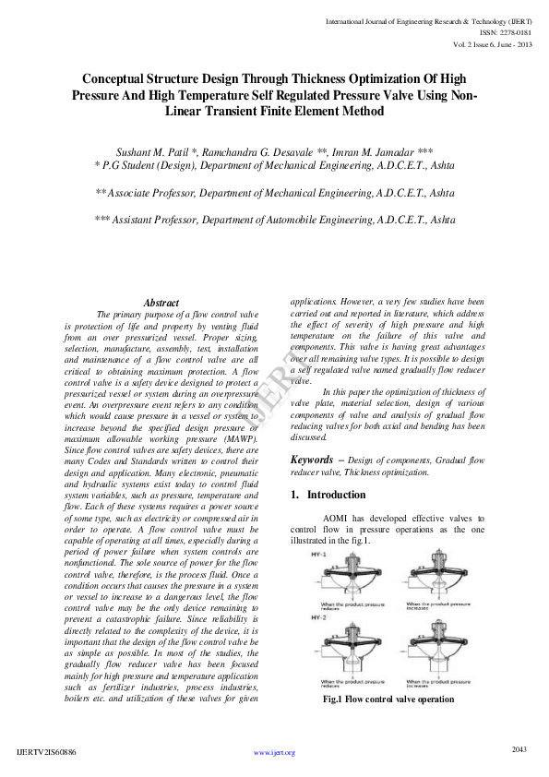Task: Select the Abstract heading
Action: pos(161,303)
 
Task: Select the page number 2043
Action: pos(519,749)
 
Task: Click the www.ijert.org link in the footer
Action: pos(274,753)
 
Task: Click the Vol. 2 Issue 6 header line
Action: pos(493,44)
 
